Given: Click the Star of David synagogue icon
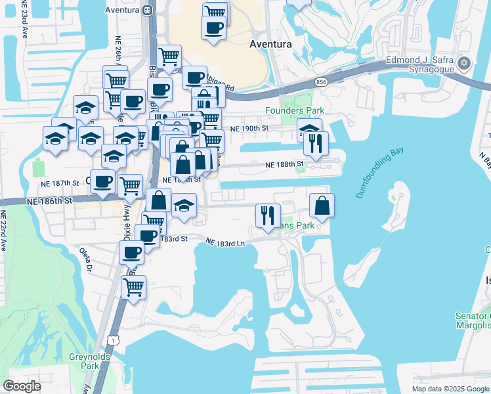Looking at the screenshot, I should pos(465,64).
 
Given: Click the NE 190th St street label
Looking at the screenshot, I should pos(247,129).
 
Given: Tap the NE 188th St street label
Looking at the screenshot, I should pos(285,164).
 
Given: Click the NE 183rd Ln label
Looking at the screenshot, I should pos(225,242).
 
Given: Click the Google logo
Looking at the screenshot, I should pos(22,386).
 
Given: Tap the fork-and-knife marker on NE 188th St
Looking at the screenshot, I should pos(316,144).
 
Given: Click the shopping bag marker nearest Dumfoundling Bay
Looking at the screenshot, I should pos(322,206).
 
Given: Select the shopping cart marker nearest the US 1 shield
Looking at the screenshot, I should pos(133,288).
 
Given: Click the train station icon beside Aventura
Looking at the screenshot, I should pos(147,11).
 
